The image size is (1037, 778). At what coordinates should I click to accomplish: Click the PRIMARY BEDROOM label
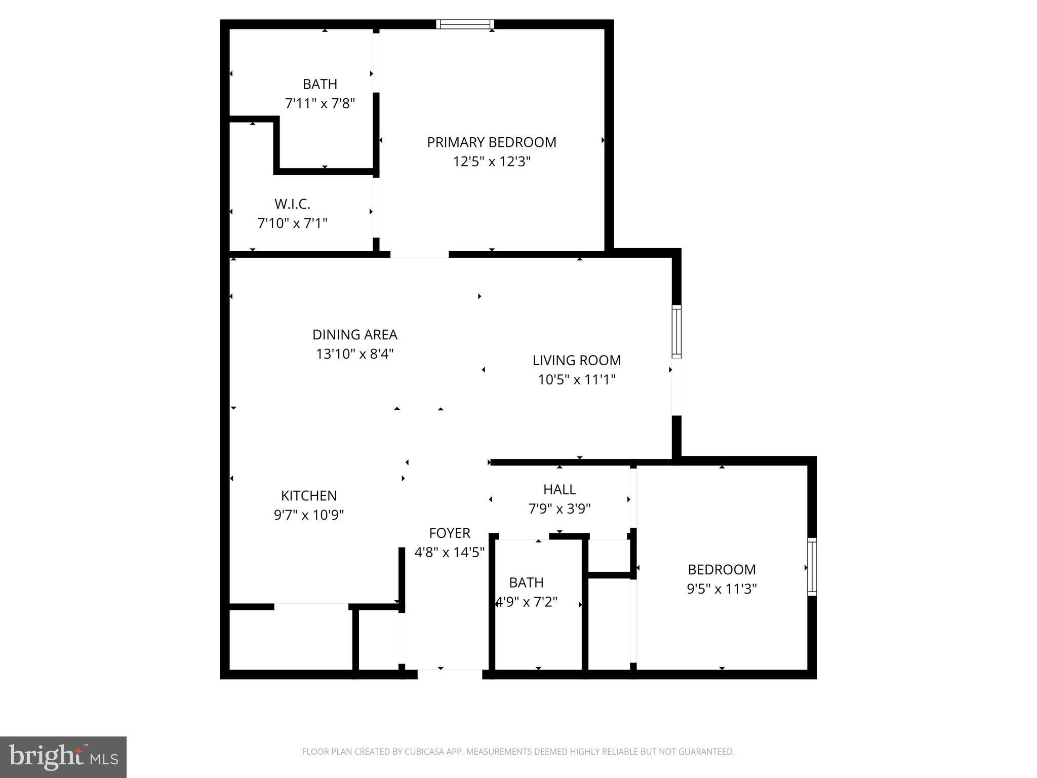[x=491, y=142]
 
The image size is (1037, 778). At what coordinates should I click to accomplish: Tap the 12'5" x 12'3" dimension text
[x=491, y=162]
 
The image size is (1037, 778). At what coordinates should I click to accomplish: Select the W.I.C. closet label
[x=292, y=204]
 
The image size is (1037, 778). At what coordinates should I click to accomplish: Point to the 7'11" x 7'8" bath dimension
[x=320, y=104]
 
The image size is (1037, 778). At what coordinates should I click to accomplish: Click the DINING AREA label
[x=354, y=335]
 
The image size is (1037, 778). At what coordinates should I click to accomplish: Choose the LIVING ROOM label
[x=576, y=361]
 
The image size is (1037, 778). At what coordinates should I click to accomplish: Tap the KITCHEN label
[x=309, y=496]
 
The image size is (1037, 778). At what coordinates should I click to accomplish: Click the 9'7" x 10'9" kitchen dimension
[x=309, y=515]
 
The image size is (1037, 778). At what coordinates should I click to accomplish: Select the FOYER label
[x=450, y=533]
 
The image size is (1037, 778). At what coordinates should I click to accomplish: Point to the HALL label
[x=559, y=490]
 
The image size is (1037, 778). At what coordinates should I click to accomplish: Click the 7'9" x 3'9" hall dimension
[x=559, y=509]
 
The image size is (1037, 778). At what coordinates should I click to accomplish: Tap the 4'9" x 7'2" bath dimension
[x=527, y=602]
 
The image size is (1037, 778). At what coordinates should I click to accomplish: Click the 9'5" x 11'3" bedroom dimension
[x=722, y=589]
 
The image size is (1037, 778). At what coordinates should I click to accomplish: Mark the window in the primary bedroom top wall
[x=465, y=24]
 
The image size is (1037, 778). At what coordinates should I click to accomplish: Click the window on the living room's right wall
[x=676, y=332]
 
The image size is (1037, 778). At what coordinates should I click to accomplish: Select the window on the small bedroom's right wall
[x=812, y=567]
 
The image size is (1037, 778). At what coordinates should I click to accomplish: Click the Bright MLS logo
[x=63, y=757]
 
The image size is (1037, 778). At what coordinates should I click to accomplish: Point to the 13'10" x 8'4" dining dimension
[x=354, y=354]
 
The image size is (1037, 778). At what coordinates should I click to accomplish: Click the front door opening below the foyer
[x=450, y=674]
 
